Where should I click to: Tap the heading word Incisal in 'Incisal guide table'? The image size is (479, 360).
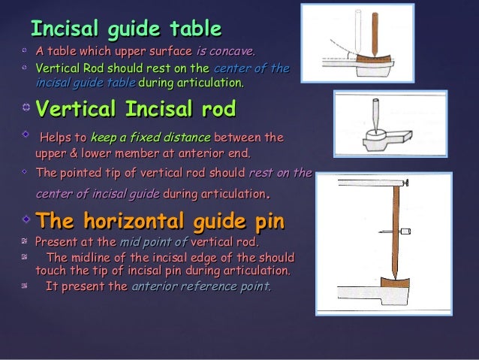click(59, 29)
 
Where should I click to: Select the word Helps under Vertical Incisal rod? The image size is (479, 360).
click(62, 138)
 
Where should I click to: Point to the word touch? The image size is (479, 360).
click(52, 271)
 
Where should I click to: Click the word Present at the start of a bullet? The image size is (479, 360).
click(59, 242)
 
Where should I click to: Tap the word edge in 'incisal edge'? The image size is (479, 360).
click(215, 256)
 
